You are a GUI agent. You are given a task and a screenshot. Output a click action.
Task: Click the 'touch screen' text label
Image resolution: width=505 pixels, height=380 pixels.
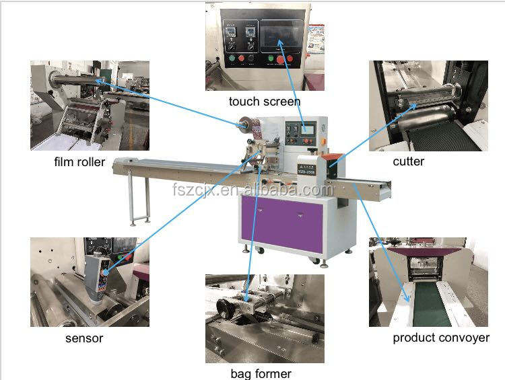(264, 102)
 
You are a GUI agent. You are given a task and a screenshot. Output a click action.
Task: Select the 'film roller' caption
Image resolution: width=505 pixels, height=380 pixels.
(79, 161)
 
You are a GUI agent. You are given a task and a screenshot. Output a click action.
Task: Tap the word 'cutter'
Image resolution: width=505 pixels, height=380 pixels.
(408, 161)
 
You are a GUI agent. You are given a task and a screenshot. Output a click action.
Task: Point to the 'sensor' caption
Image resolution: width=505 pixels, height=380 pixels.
(83, 338)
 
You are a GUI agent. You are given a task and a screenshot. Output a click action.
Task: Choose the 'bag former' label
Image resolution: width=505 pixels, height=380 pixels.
(261, 373)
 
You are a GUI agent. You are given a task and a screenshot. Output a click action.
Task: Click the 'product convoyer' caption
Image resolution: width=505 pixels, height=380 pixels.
(441, 338)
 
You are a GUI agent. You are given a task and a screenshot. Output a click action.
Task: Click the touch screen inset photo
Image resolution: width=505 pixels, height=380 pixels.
(264, 47)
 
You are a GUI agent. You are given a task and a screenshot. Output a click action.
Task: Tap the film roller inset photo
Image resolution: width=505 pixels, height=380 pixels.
(90, 105)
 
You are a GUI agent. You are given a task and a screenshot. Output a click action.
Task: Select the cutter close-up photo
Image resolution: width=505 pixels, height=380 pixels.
(428, 106)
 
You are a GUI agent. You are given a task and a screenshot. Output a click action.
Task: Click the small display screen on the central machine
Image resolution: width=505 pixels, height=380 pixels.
(308, 128)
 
